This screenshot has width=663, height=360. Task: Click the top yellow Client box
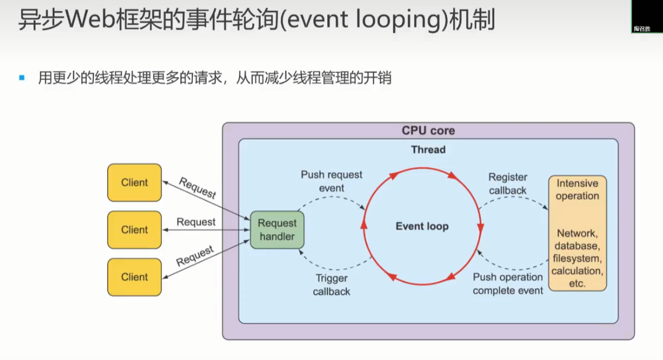[134, 182]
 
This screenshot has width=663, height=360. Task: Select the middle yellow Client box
[134, 230]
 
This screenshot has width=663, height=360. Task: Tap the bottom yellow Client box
[134, 277]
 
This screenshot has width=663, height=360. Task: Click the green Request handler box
[277, 230]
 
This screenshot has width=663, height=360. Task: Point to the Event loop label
[422, 226]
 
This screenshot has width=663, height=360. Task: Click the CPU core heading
[428, 131]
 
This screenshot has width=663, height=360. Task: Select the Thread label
[428, 150]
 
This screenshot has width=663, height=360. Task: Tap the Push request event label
[332, 181]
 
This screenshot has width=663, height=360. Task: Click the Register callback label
[508, 184]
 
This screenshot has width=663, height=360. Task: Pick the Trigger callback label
[332, 284]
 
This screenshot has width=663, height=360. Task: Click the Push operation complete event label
[508, 284]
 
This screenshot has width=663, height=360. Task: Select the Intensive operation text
[577, 190]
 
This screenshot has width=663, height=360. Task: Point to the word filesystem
[577, 259]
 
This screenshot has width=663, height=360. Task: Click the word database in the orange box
[577, 246]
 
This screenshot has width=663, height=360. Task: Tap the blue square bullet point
[22, 77]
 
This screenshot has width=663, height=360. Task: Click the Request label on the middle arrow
[196, 222]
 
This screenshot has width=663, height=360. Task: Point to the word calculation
[577, 271]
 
